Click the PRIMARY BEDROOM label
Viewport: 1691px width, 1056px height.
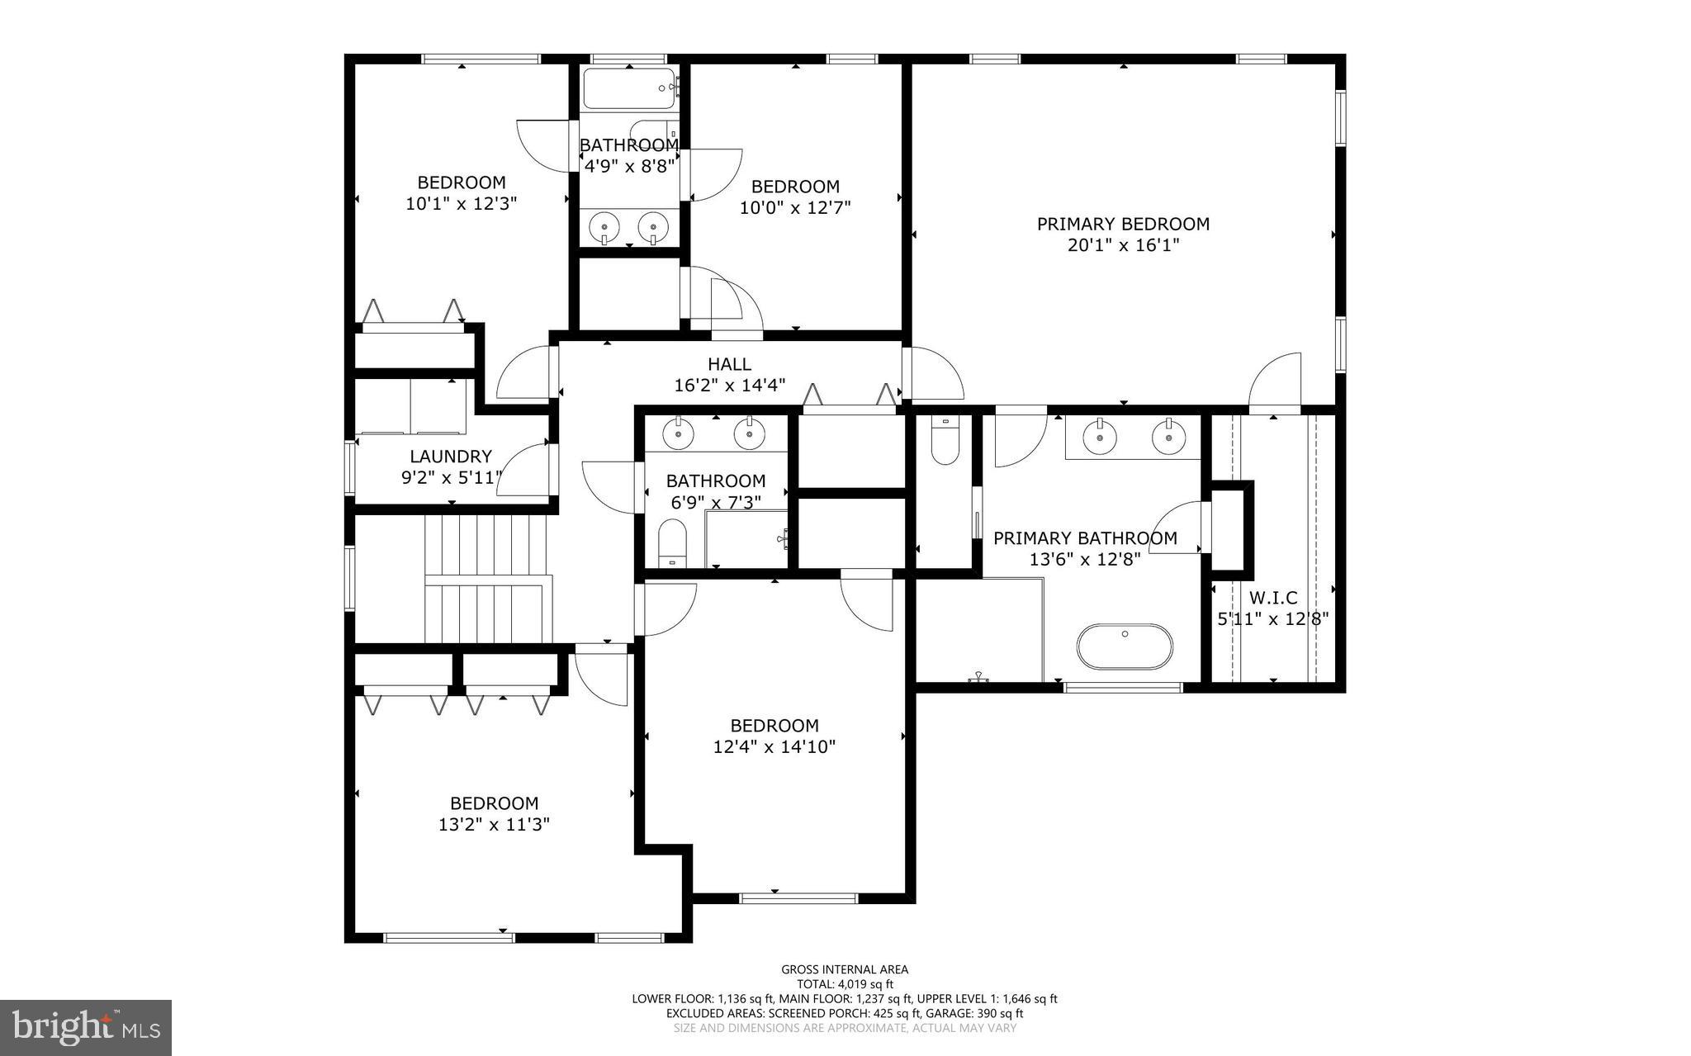[1123, 224]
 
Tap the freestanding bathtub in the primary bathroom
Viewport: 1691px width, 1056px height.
[1124, 646]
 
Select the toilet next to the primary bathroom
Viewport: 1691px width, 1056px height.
[945, 443]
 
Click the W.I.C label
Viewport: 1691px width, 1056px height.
[1273, 598]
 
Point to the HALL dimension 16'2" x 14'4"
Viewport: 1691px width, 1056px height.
[729, 385]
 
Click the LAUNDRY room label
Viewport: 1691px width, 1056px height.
[451, 457]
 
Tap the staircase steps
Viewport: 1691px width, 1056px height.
[487, 578]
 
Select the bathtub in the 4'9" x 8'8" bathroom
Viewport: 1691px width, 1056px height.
[629, 89]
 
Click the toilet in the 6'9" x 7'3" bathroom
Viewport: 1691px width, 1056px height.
[672, 543]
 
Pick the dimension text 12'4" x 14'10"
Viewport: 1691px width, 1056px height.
[774, 747]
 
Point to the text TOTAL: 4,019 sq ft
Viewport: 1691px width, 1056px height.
[845, 984]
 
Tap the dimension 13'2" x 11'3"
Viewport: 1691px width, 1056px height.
[494, 824]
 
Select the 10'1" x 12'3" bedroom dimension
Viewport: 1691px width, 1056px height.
[461, 203]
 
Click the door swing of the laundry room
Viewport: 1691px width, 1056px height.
[523, 471]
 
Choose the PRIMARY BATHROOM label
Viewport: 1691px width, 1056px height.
[1085, 538]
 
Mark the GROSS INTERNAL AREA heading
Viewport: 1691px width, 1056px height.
[845, 969]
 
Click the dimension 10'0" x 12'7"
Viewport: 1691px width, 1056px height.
[795, 207]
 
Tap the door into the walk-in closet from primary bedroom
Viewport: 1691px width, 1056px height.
[1275, 384]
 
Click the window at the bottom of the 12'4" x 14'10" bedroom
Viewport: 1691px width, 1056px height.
[798, 897]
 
